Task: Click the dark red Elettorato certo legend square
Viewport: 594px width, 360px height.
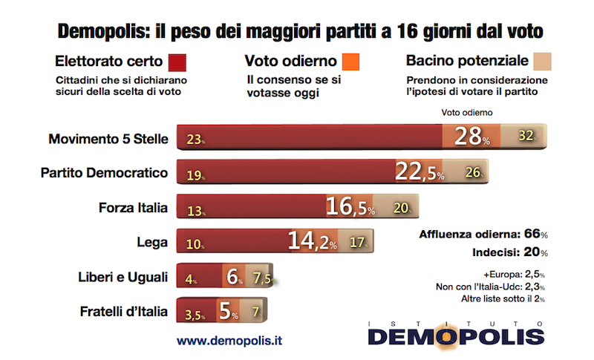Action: [x=177, y=60]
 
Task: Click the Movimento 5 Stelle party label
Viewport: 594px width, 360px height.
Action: [x=108, y=138]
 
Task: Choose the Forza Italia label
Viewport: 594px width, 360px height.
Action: [x=134, y=207]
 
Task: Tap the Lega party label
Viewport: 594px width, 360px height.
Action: [x=154, y=242]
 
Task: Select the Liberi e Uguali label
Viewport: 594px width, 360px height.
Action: [x=122, y=277]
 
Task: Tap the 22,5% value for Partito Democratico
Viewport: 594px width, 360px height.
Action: [x=420, y=173]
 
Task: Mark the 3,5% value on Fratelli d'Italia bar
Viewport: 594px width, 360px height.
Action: [x=193, y=312]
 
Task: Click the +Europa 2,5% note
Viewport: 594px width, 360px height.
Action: [x=514, y=272]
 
